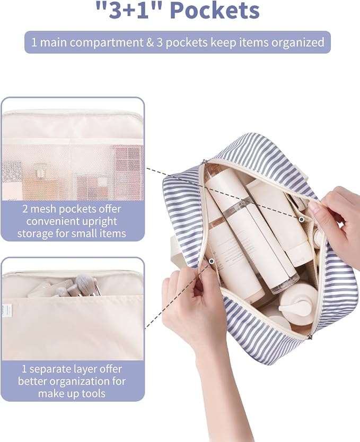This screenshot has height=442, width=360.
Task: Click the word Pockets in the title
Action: point(215,10)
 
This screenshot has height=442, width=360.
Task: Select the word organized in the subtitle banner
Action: point(298,42)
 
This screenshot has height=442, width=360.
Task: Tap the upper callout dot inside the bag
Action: point(301,219)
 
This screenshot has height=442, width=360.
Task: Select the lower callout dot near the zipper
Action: point(212,261)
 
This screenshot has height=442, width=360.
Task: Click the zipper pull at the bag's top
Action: point(203,163)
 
